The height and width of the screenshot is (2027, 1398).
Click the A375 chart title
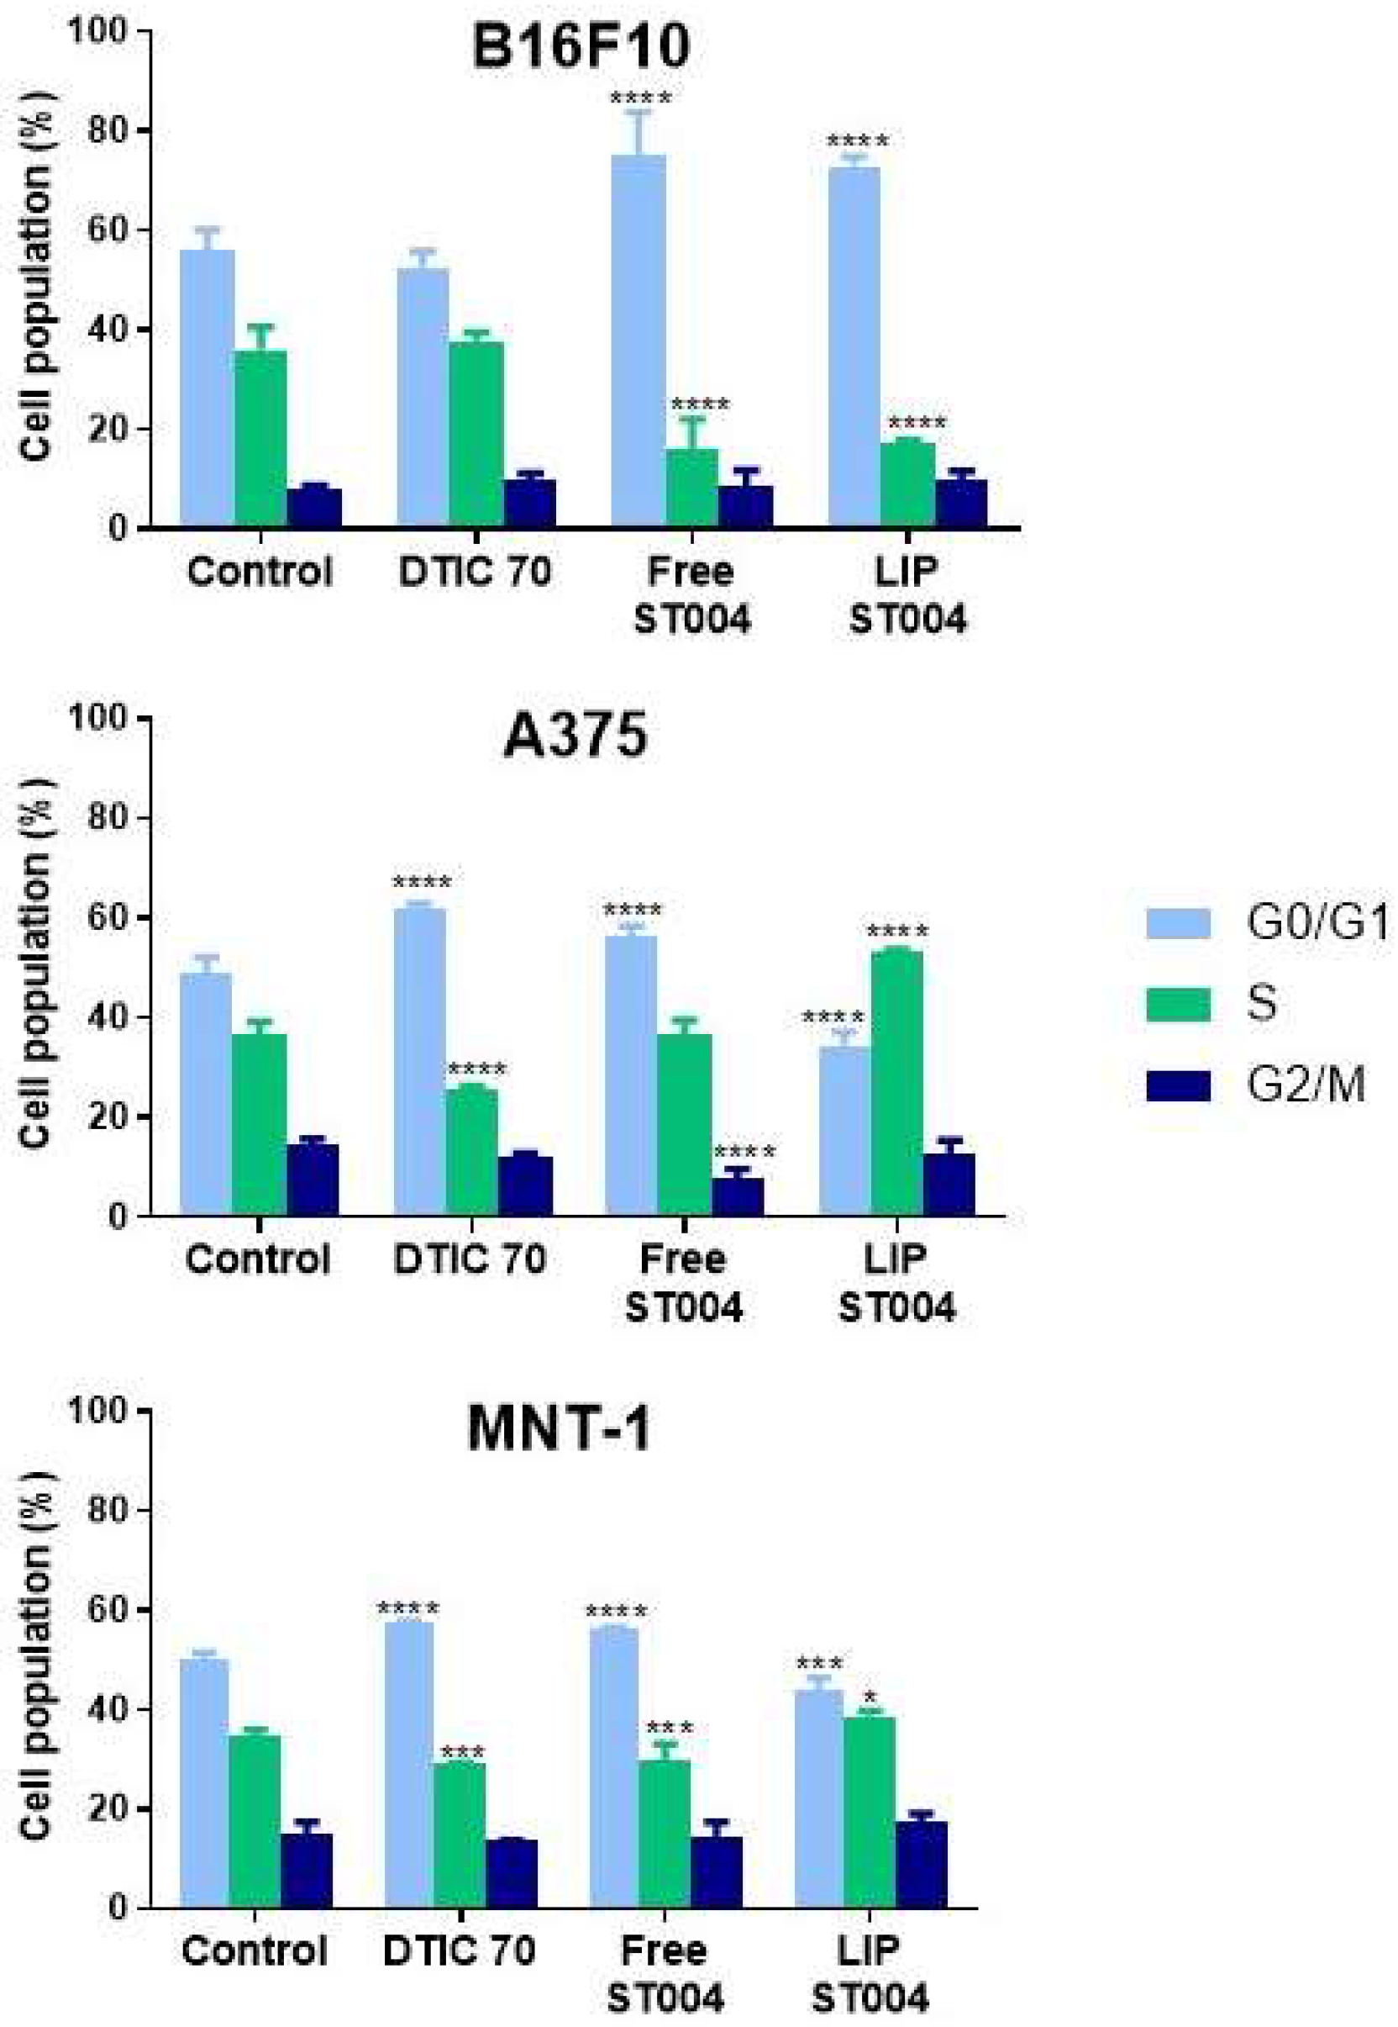[x=575, y=736]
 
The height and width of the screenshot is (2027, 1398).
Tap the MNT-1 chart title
[x=559, y=1428]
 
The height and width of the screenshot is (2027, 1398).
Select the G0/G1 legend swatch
[x=1178, y=924]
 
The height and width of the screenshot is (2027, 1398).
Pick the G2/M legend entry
[x=1305, y=1085]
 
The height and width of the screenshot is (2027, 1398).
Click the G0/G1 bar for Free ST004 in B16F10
[x=639, y=342]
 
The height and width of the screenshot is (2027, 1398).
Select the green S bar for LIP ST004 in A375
[x=897, y=1083]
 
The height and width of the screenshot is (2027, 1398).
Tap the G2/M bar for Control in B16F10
[x=313, y=508]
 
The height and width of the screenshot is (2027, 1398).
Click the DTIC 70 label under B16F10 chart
[x=475, y=573]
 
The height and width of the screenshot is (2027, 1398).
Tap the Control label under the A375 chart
[x=258, y=1259]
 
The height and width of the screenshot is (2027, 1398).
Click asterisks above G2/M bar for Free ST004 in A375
[x=744, y=1152]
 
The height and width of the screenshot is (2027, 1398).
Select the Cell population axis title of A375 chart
[x=36, y=964]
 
